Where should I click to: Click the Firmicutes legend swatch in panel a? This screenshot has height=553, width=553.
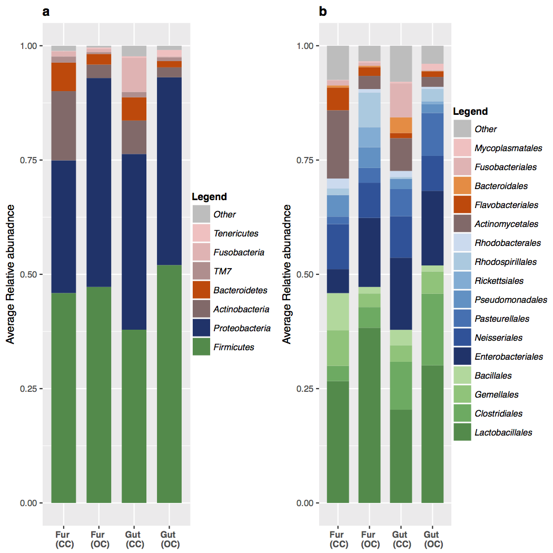click(201, 347)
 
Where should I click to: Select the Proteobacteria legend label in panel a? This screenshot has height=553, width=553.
click(242, 328)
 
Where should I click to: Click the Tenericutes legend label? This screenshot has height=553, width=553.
click(235, 233)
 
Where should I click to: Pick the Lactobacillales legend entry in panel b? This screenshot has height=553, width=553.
click(503, 432)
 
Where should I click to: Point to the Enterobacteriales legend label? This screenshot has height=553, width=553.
click(508, 357)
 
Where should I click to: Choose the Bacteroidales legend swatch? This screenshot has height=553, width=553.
click(462, 186)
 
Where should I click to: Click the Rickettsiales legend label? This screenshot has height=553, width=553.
click(499, 281)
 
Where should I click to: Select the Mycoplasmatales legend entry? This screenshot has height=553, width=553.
click(505, 148)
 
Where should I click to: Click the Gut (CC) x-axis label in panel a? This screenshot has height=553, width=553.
click(134, 540)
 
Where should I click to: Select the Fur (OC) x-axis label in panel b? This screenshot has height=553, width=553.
click(369, 540)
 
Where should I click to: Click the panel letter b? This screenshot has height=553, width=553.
click(323, 12)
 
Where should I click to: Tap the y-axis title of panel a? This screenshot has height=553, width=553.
click(11, 274)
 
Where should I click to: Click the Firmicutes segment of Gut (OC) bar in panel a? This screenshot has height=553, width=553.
click(170, 384)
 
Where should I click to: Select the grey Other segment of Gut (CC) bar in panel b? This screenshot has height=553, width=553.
click(401, 63)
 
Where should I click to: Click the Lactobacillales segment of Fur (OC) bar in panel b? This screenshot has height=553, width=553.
click(369, 416)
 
